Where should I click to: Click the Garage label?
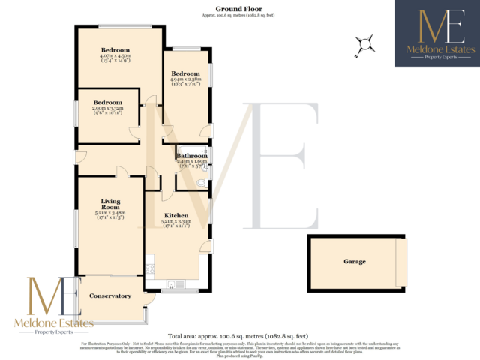click(x=355, y=262)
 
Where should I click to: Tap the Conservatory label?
click(x=110, y=295)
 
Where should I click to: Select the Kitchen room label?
click(x=176, y=215)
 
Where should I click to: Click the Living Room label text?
click(x=110, y=204)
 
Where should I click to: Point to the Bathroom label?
click(x=192, y=156)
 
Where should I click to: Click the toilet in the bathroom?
click(x=200, y=181)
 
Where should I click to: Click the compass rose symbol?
click(x=364, y=46)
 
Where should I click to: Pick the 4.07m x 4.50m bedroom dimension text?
click(x=116, y=57)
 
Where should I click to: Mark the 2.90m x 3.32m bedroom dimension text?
click(x=108, y=109)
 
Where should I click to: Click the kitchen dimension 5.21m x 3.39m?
click(x=176, y=223)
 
